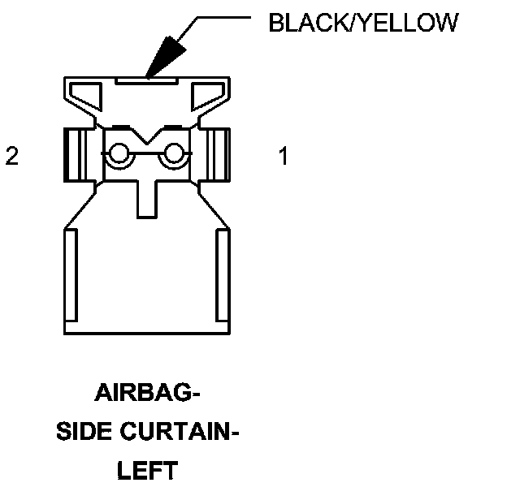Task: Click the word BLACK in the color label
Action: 301,23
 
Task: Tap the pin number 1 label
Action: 283,157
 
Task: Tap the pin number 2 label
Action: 11,157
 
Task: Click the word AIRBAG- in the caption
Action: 147,395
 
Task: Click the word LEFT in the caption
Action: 147,470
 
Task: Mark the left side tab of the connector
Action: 75,154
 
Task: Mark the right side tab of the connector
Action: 219,154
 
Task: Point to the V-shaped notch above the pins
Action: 147,136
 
